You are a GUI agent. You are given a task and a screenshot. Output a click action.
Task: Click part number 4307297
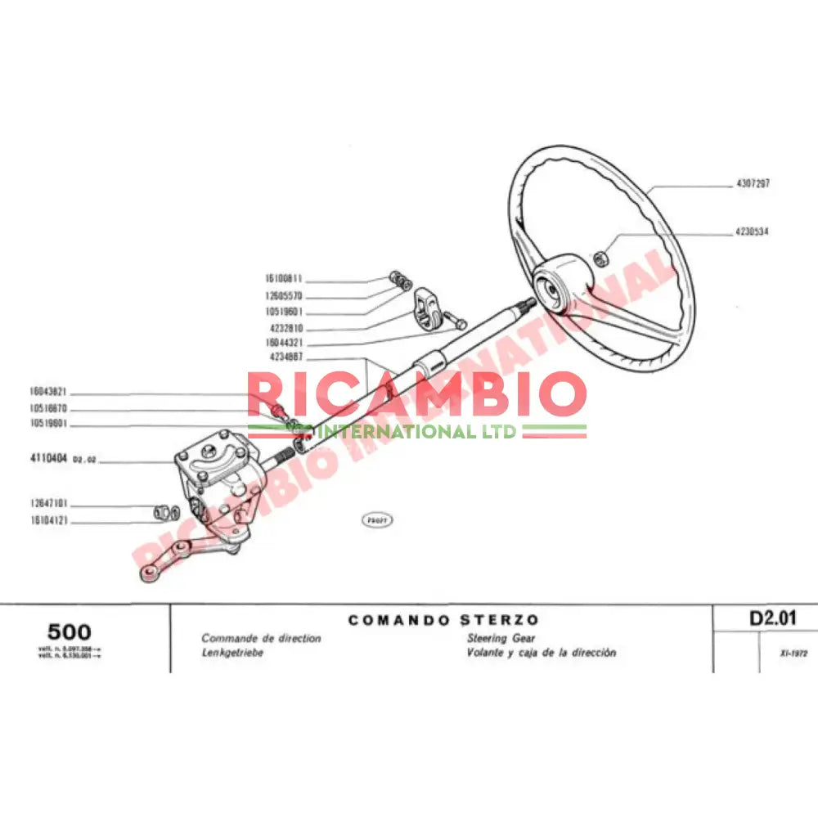[753, 184]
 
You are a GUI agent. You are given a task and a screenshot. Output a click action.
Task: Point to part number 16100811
[284, 279]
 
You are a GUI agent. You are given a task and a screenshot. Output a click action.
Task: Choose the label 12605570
[284, 295]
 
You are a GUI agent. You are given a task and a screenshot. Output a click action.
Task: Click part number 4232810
[286, 328]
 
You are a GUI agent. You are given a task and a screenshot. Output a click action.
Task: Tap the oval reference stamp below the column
[377, 519]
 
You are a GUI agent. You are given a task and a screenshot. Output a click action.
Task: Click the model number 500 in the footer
[70, 631]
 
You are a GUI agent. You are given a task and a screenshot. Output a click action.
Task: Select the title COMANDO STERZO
[443, 620]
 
